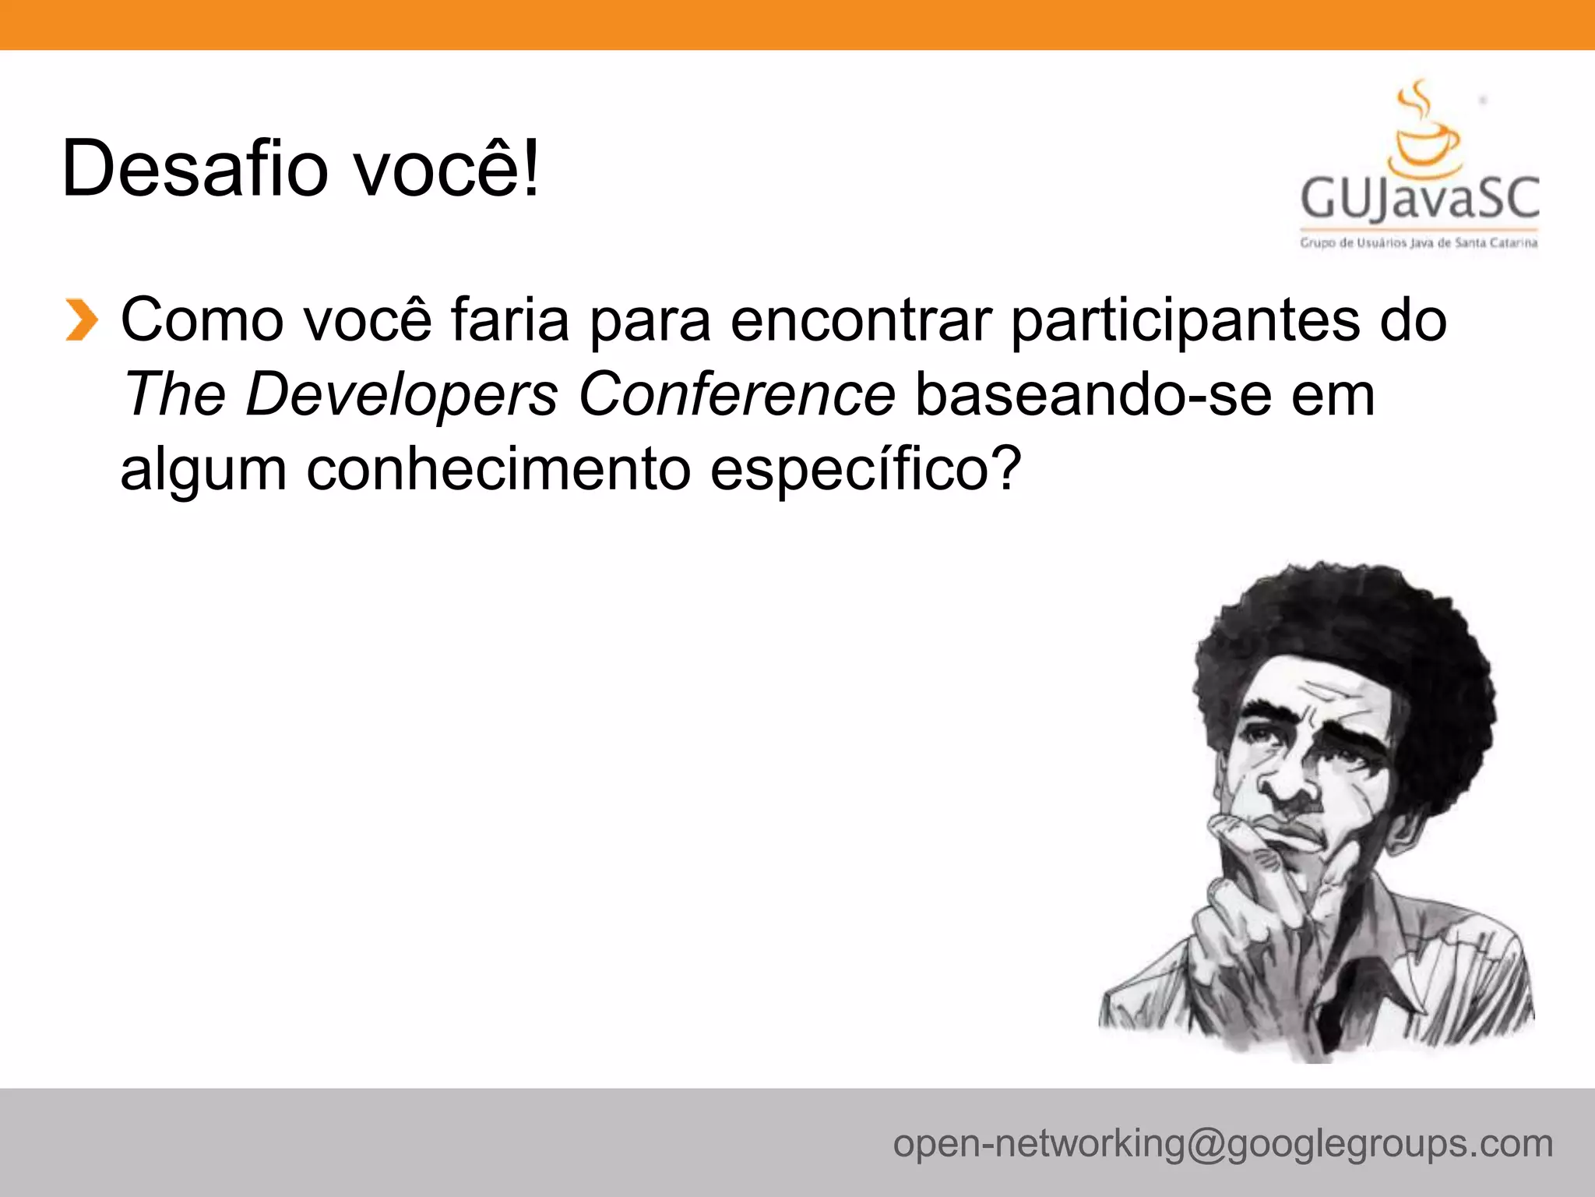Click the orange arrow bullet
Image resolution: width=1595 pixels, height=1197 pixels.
point(81,320)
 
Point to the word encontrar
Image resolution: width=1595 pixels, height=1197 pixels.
point(861,320)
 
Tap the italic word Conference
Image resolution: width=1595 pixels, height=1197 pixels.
point(737,394)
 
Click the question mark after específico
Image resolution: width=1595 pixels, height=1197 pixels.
point(1005,468)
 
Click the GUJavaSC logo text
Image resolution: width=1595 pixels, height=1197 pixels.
point(1420,198)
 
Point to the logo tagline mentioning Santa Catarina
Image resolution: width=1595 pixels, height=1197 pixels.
point(1419,243)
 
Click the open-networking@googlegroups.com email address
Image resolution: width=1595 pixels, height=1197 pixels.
point(1223,1144)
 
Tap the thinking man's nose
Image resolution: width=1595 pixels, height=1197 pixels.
point(1285,787)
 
